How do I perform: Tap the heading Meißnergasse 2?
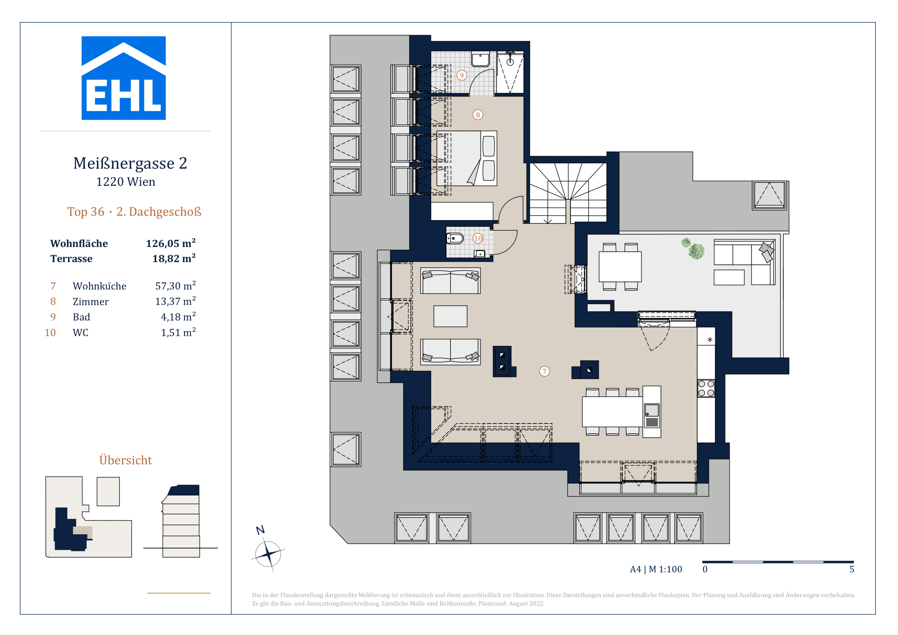[x=130, y=163]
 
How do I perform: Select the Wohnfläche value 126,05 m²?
[x=171, y=243]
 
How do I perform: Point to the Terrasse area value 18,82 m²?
[x=174, y=258]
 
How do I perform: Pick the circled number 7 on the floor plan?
[x=544, y=371]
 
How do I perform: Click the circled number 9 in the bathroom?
[x=462, y=75]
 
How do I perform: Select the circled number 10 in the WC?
[x=478, y=238]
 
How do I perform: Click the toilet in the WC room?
[x=455, y=238]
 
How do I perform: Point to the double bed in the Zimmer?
[x=467, y=158]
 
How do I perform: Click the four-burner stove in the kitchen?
[x=706, y=389]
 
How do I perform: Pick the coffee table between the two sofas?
[x=450, y=316]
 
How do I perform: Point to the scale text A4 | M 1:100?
[x=656, y=569]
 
